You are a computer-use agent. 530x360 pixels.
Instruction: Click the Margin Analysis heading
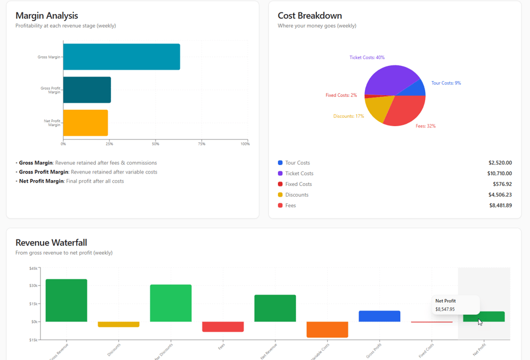[x=47, y=16]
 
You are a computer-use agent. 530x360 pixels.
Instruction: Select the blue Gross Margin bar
[x=121, y=57]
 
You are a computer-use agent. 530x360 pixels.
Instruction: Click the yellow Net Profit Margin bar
[x=85, y=123]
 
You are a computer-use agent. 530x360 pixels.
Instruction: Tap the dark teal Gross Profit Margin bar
[x=87, y=90]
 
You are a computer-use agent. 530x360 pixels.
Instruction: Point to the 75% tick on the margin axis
[x=201, y=144]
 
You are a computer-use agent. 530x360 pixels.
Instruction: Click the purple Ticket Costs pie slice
[x=389, y=79]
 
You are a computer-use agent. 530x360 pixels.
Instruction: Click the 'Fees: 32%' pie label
[x=425, y=126]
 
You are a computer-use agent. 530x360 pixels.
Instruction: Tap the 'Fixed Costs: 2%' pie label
[x=341, y=95]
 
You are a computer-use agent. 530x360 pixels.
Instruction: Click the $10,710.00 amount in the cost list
[x=500, y=174]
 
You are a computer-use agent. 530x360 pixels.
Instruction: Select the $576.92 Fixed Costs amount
[x=501, y=184]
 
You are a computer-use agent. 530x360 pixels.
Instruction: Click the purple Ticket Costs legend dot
[x=280, y=174]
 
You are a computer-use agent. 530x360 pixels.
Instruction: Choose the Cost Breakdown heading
[x=310, y=16]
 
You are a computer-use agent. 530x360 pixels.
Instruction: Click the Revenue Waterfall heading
[x=51, y=243]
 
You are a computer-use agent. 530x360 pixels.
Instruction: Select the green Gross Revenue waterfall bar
[x=67, y=300]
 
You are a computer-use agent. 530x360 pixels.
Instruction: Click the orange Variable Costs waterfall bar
[x=327, y=330]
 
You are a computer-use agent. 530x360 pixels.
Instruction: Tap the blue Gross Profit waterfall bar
[x=379, y=316]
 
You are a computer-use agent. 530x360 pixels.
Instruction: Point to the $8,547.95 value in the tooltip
[x=445, y=309]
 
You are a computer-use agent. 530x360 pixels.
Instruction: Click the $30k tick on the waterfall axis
[x=34, y=286]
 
